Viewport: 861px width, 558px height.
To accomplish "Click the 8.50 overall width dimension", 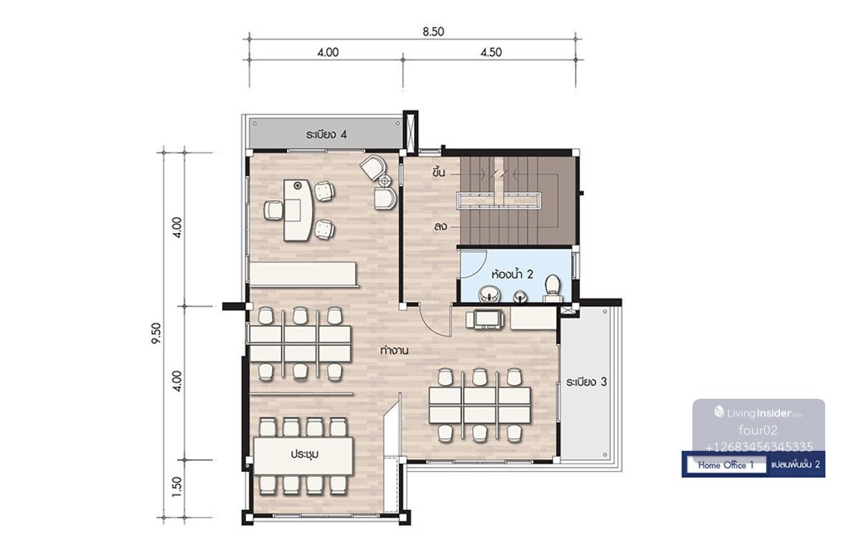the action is [433, 32].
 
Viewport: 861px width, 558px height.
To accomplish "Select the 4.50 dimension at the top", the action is [491, 52].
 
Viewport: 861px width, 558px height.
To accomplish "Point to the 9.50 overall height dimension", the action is [156, 334].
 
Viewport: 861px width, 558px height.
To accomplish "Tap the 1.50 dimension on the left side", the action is [177, 487].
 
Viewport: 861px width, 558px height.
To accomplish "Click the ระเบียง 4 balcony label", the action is [326, 135].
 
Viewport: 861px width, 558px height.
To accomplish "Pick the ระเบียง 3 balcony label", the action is [586, 382].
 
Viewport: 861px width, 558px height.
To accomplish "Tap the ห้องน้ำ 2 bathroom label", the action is [512, 275].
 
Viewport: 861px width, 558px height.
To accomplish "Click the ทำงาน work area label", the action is [394, 351].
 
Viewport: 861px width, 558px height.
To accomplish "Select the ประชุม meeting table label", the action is [304, 454].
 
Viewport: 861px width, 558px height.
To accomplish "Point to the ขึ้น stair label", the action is [438, 173].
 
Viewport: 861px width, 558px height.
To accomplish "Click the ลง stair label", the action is [440, 227].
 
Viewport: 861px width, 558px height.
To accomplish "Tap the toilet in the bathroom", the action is [552, 288].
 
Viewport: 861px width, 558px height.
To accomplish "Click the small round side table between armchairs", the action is [385, 180].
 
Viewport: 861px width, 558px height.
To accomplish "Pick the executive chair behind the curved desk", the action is [273, 211].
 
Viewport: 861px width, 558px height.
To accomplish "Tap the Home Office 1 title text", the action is [725, 465].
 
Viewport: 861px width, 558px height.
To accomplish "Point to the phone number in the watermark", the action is [759, 448].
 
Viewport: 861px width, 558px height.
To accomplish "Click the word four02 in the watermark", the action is [758, 430].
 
